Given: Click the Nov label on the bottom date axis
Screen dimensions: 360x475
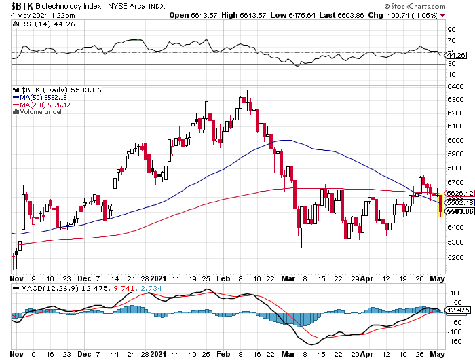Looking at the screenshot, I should pos(16,278).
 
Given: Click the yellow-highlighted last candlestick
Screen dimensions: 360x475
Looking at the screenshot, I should pos(441,204).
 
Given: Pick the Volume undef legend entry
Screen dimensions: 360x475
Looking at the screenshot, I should pos(41,112).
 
